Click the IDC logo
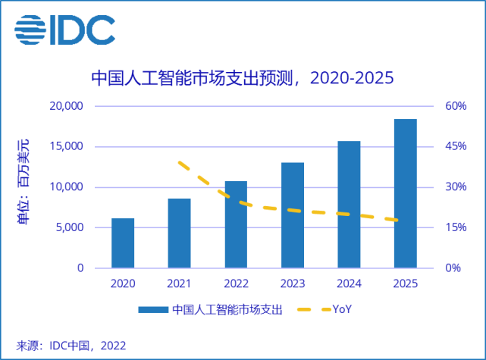(x=64, y=29)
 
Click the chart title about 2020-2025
(x=243, y=78)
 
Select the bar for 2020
(x=123, y=243)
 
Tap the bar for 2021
(x=179, y=233)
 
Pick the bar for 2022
(x=236, y=224)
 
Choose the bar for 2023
(x=292, y=215)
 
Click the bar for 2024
(x=349, y=205)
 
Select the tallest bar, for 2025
(x=405, y=193)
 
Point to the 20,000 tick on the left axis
(x=67, y=105)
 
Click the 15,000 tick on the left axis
(x=67, y=146)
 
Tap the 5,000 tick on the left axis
(x=71, y=227)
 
